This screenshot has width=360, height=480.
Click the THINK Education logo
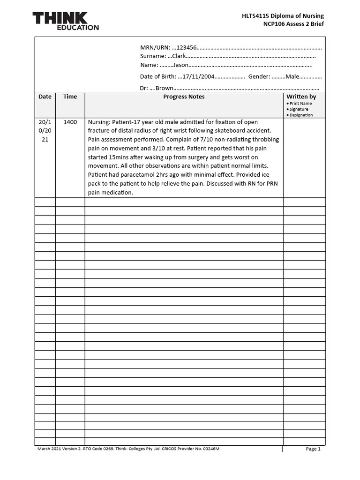[x=66, y=21]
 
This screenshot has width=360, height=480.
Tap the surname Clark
[x=179, y=56]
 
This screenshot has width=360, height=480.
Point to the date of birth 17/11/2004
[x=197, y=76]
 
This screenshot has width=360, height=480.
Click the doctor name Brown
[x=164, y=88]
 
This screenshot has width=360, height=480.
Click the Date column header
[x=45, y=97]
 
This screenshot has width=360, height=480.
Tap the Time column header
[x=70, y=97]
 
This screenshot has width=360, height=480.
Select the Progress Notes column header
[x=184, y=97]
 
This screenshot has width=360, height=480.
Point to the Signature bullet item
[x=299, y=109]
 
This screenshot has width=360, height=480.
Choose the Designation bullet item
[x=300, y=115]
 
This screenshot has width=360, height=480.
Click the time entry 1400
[x=70, y=122]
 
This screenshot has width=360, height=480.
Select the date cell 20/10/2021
[x=45, y=131]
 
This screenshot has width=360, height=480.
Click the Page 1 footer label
[x=313, y=449]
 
